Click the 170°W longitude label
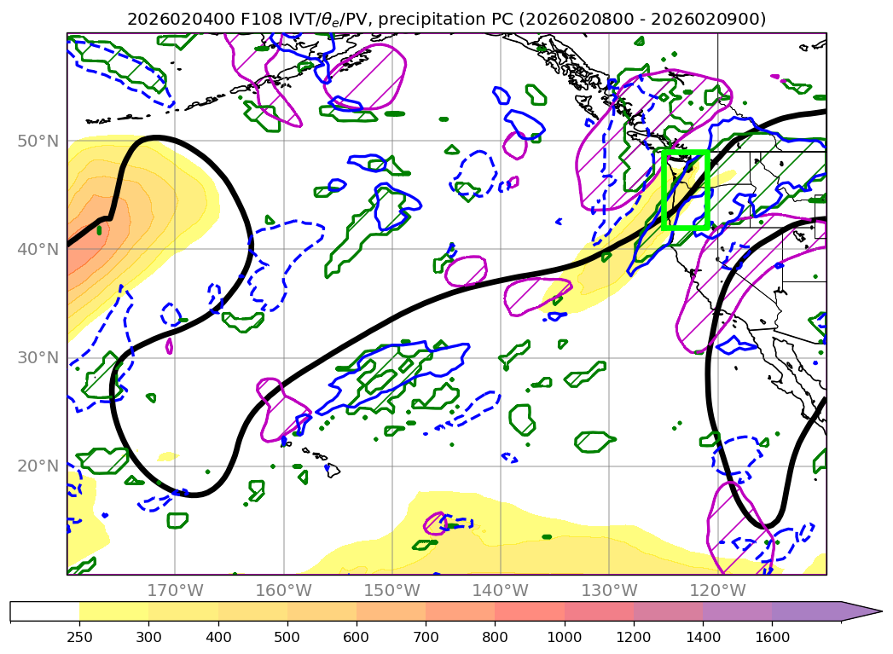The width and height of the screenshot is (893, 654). click(175, 590)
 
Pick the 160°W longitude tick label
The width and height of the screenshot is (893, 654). click(283, 590)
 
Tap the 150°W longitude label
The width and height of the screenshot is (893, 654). click(391, 590)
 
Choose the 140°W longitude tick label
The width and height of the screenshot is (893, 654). click(500, 590)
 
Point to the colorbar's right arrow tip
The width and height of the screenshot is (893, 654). click(880, 611)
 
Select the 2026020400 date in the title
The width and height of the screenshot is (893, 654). click(169, 19)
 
